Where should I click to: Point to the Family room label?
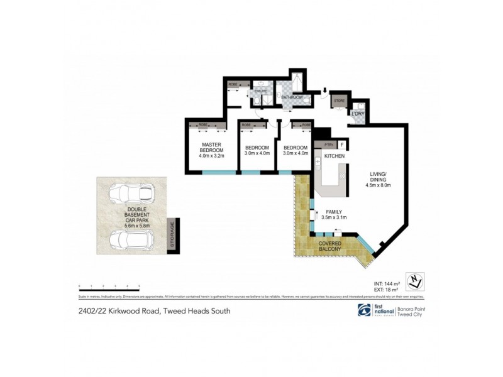[334, 214]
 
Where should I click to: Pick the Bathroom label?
[292, 98]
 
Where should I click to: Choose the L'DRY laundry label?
[358, 114]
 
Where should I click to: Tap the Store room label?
[339, 101]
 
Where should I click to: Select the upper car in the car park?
[131, 194]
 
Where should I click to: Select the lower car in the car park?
[131, 240]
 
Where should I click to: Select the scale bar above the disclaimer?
[108, 287]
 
